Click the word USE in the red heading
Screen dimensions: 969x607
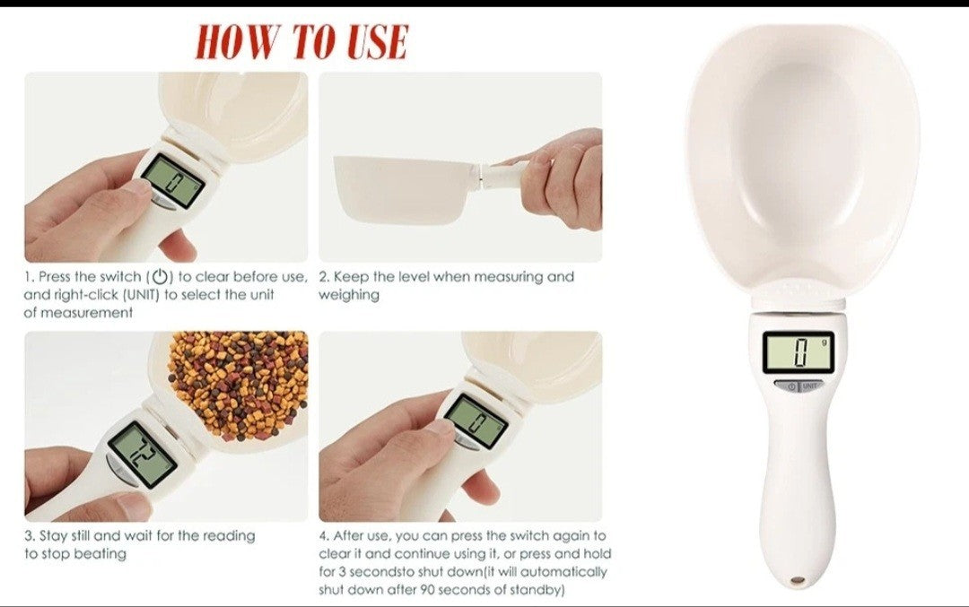click(x=377, y=42)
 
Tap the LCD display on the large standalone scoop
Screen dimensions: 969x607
click(x=799, y=352)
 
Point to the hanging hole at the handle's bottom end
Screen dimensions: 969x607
click(x=798, y=581)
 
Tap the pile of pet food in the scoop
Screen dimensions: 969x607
click(x=241, y=383)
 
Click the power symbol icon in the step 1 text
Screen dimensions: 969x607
click(x=160, y=276)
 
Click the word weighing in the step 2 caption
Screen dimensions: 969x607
click(x=348, y=295)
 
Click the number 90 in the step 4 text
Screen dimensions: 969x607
click(x=428, y=590)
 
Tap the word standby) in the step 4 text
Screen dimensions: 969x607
click(x=537, y=590)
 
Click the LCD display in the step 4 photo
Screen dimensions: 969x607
click(x=476, y=421)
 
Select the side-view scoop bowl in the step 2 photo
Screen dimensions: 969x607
click(x=405, y=188)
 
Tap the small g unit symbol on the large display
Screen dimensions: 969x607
click(x=824, y=342)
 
